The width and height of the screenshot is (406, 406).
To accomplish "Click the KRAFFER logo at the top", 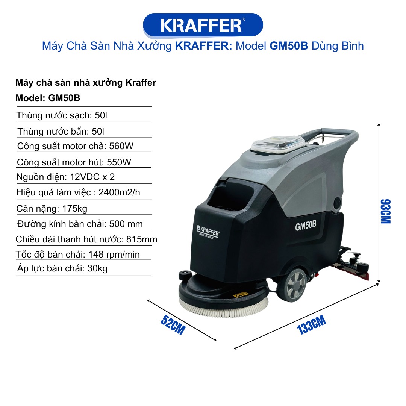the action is [x=203, y=25].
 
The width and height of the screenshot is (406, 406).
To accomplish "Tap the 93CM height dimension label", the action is [x=385, y=211].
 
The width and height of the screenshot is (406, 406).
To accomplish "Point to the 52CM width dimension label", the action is [x=173, y=325].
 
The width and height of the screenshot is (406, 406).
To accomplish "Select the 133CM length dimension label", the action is [x=312, y=325].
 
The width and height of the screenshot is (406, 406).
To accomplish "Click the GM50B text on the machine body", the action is [x=306, y=225].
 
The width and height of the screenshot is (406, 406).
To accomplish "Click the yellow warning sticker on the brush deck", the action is [x=241, y=295].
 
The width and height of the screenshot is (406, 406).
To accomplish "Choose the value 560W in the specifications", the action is [x=121, y=146].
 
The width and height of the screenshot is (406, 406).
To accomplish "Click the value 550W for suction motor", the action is [x=119, y=162].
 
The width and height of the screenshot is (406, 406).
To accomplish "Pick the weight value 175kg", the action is [x=75, y=208].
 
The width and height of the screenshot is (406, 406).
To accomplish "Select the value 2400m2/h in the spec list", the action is [x=120, y=192].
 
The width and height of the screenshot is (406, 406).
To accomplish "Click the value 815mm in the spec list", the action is [x=142, y=239].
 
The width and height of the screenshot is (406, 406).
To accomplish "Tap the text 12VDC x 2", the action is [x=92, y=177].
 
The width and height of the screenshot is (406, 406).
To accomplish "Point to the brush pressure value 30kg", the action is [x=97, y=268].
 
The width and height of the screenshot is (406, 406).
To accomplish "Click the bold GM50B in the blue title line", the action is [x=289, y=46].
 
